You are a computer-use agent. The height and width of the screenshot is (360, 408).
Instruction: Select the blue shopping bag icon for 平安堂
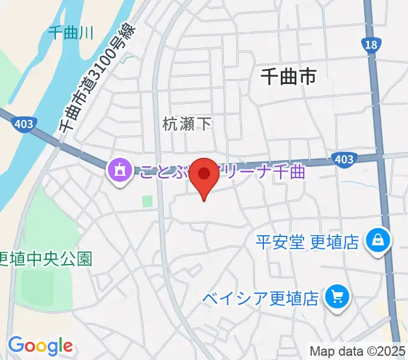(x=380, y=241)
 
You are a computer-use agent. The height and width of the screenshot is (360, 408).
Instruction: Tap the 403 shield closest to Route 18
(x=343, y=160)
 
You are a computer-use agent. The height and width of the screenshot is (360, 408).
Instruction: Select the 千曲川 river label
(x=70, y=33)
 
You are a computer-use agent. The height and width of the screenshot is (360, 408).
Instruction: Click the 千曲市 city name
(x=289, y=77)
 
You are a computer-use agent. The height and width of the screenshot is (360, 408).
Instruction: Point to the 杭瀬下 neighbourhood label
(x=187, y=124)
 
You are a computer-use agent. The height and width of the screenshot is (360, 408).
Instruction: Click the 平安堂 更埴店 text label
(x=307, y=242)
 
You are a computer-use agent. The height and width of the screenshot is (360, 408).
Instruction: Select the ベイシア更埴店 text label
(x=260, y=298)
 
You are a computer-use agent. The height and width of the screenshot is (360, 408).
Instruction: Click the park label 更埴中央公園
(x=46, y=259)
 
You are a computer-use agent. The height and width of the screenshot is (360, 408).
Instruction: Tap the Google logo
(x=40, y=346)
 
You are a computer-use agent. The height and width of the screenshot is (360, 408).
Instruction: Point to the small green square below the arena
(x=147, y=202)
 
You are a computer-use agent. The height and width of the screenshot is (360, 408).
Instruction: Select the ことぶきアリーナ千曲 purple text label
(x=222, y=172)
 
